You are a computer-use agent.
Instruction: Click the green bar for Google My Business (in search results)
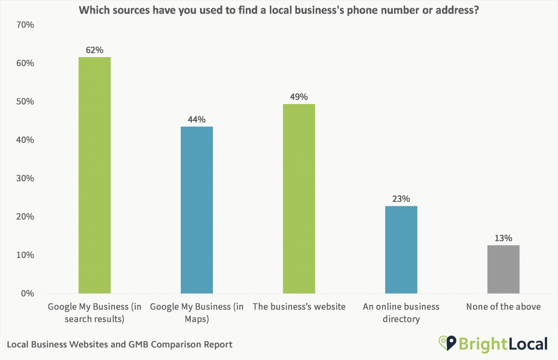(94, 175)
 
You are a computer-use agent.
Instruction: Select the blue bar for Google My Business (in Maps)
(197, 210)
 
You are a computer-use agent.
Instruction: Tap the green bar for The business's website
(299, 199)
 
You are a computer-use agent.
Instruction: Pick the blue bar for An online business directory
(401, 249)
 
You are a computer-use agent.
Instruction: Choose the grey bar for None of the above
(503, 269)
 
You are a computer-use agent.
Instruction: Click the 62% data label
(94, 50)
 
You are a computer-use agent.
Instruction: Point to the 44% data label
(197, 119)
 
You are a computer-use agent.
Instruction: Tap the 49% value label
(299, 97)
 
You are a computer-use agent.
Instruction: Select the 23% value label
(401, 199)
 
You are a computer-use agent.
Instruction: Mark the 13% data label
(503, 238)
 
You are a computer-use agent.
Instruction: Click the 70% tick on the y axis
(25, 25)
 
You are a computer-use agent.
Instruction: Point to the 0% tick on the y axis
(27, 294)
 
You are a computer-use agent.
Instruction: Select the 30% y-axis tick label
(25, 179)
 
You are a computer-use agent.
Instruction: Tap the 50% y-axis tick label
(25, 102)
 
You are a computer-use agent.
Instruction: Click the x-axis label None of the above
(503, 307)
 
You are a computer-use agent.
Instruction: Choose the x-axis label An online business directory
(401, 313)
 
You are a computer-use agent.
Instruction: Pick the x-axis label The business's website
(299, 307)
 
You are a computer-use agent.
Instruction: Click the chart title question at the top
(279, 10)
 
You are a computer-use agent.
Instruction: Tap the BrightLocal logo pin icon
(447, 343)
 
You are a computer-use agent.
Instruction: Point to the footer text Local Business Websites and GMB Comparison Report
(120, 344)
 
